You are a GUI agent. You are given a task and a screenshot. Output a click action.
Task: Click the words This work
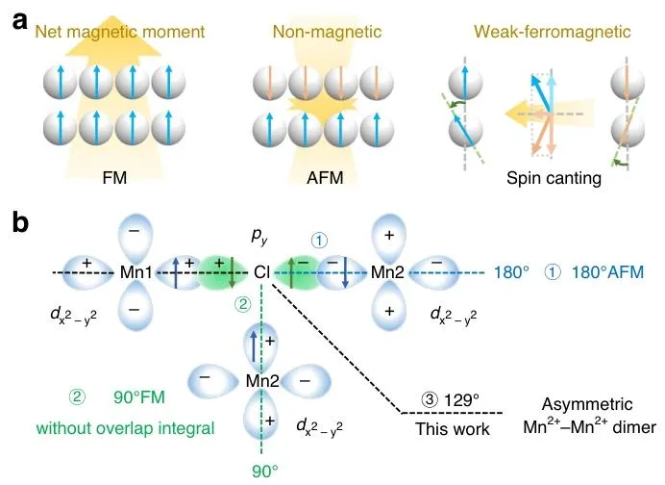tap(450, 429)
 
